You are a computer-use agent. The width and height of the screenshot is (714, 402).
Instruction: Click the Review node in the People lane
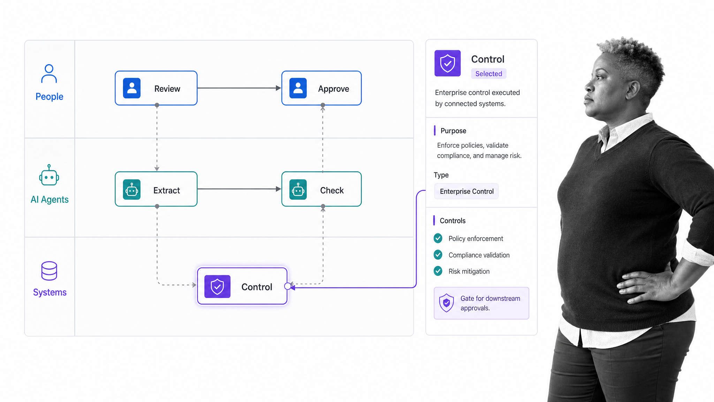coord(156,88)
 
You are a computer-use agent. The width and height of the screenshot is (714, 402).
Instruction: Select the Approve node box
coord(321,88)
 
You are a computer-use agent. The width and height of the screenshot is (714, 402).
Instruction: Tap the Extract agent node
coord(156,189)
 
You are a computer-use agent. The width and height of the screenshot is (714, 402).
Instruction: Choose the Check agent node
coord(321,189)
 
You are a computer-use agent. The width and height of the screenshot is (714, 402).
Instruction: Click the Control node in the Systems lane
coord(242,286)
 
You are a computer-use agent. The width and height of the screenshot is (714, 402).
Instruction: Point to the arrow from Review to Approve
coord(239,88)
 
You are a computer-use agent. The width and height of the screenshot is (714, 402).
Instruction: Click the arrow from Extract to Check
coord(239,189)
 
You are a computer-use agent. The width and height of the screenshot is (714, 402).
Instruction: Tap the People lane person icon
coord(49,73)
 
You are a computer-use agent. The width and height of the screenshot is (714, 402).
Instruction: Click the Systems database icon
coord(49,271)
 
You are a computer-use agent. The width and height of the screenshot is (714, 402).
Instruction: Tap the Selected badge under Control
coord(489,74)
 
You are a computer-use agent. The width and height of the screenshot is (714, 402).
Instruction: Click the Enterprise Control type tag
coord(466,191)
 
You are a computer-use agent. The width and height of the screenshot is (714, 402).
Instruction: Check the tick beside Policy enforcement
coord(438,238)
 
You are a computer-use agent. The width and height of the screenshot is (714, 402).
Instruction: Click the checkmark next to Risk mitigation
coord(438,271)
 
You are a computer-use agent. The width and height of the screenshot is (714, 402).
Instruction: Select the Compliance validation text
coord(479,255)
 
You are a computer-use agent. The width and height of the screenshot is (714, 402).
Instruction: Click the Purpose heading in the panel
coord(453,131)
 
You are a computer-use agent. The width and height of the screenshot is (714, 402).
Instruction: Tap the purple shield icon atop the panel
coord(448,63)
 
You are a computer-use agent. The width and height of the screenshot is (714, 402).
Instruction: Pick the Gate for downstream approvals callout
coord(481,303)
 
